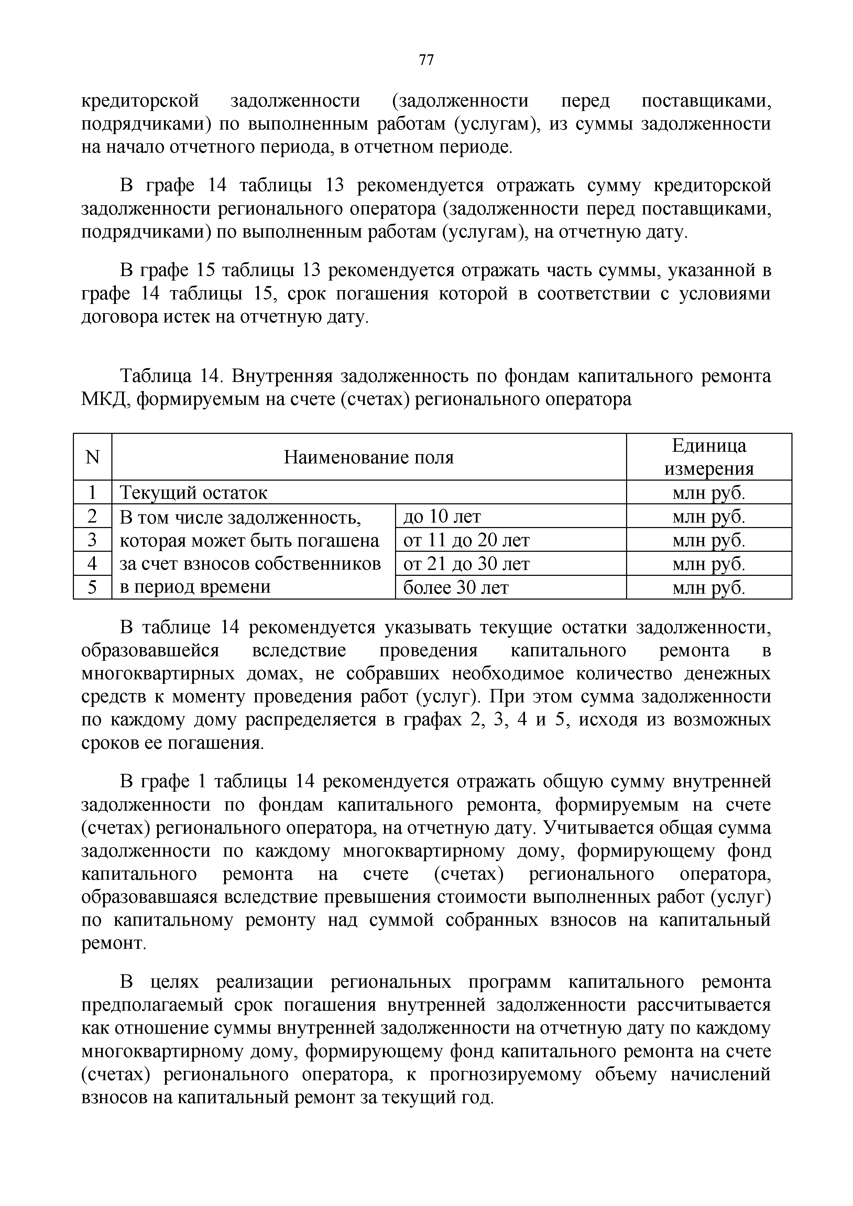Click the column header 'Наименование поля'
pos(369,457)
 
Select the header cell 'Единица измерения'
pos(709,457)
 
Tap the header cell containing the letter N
pos(92,457)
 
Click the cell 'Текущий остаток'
pos(194,493)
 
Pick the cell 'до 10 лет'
pos(442,516)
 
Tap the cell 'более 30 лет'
pos(456,587)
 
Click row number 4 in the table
pos(92,563)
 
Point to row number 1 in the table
pos(92,493)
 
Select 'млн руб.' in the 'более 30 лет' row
pos(709,587)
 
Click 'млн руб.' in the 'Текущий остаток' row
pos(709,493)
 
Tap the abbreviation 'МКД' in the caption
pos(103,400)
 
